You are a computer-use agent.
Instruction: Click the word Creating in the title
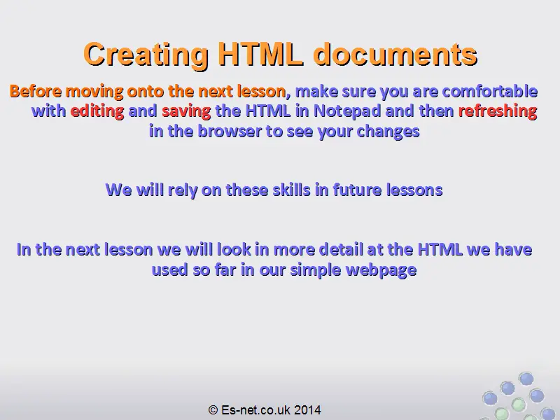click(146, 55)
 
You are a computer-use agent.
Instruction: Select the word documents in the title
click(395, 54)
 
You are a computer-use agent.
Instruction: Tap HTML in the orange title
click(260, 54)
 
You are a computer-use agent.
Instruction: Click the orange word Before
click(36, 91)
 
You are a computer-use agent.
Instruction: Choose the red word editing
click(97, 111)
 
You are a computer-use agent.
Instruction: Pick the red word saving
click(186, 111)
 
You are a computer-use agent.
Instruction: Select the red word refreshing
click(498, 111)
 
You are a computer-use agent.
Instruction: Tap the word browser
click(230, 131)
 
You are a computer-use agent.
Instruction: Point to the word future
click(357, 190)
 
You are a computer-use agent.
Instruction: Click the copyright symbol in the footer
click(213, 409)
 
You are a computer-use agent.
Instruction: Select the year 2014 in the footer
click(307, 409)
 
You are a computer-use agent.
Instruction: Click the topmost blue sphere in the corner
click(526, 379)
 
